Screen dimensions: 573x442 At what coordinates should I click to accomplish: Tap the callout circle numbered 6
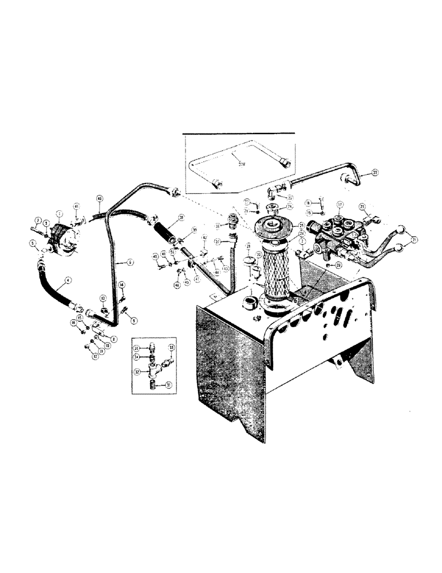[131, 261]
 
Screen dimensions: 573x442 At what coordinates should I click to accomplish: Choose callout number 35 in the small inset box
[137, 348]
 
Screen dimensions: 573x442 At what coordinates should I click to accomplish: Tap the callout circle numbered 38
[181, 217]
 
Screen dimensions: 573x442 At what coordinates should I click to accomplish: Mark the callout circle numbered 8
[114, 339]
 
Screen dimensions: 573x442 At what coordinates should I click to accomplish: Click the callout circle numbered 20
[338, 265]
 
